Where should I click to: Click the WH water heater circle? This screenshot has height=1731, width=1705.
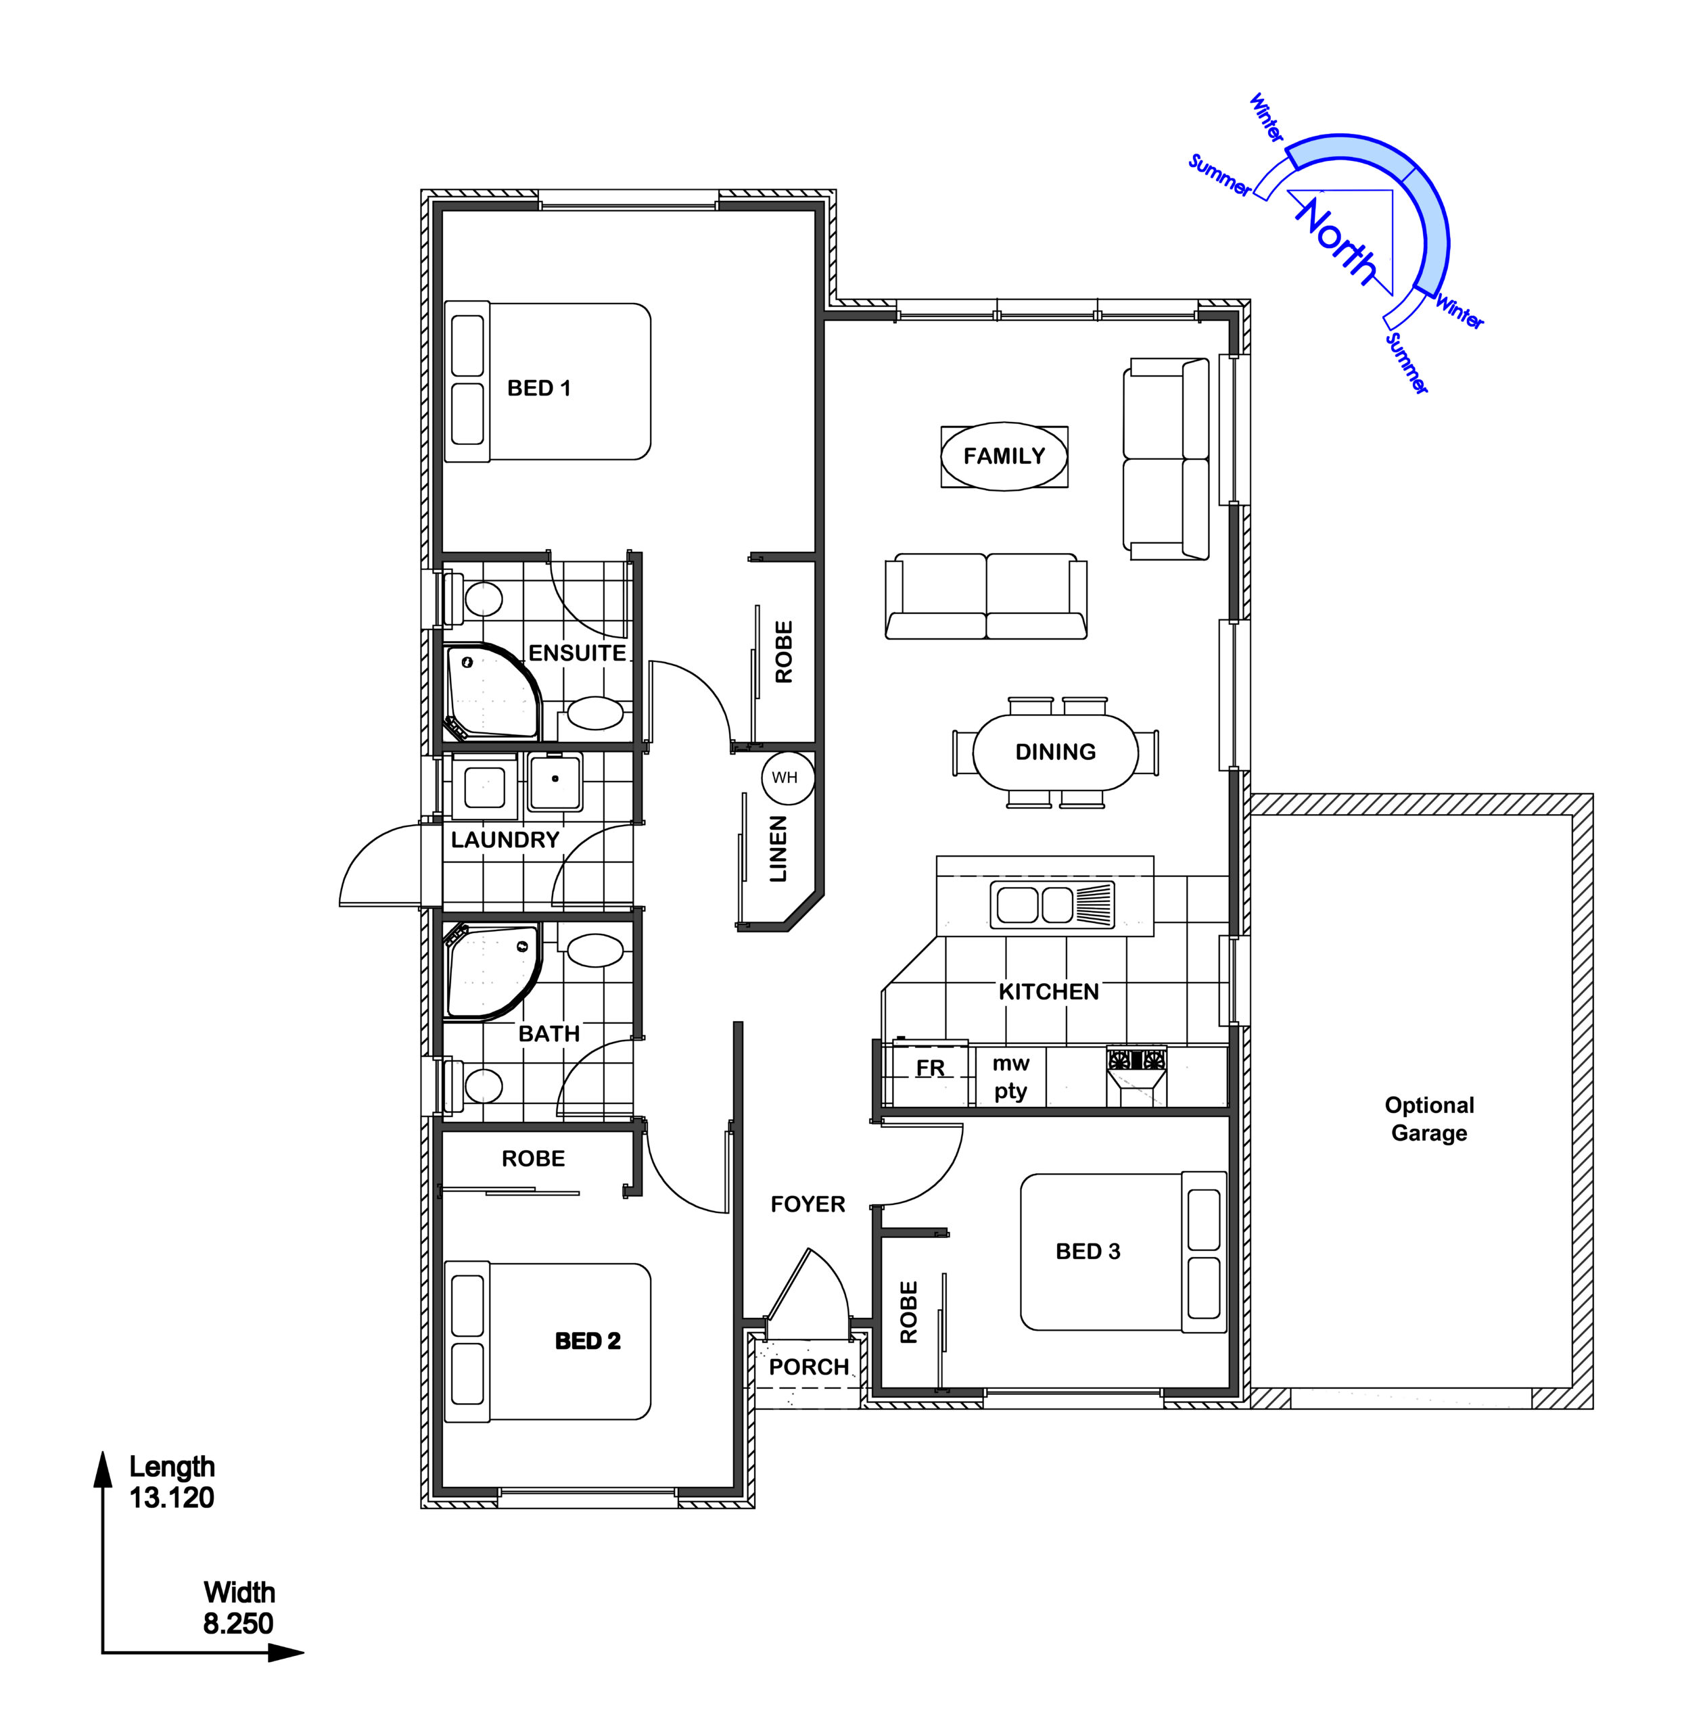[787, 778]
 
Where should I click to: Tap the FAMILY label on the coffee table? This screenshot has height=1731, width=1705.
[1004, 456]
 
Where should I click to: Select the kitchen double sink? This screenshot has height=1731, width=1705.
[1052, 903]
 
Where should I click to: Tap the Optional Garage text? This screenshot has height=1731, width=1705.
[1429, 1118]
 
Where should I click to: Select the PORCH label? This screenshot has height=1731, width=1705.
[809, 1367]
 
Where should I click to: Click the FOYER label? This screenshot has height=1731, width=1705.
[808, 1204]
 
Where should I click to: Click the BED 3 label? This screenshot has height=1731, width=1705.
[1088, 1251]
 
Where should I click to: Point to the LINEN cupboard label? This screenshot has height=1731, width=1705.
[778, 849]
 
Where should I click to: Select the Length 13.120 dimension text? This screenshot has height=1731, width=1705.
[172, 1482]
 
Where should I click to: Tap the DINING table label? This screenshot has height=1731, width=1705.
[1055, 751]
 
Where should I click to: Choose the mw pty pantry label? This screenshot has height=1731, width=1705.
[1010, 1077]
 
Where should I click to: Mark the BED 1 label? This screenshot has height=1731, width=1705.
[538, 387]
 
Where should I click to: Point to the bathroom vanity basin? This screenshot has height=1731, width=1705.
[595, 950]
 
